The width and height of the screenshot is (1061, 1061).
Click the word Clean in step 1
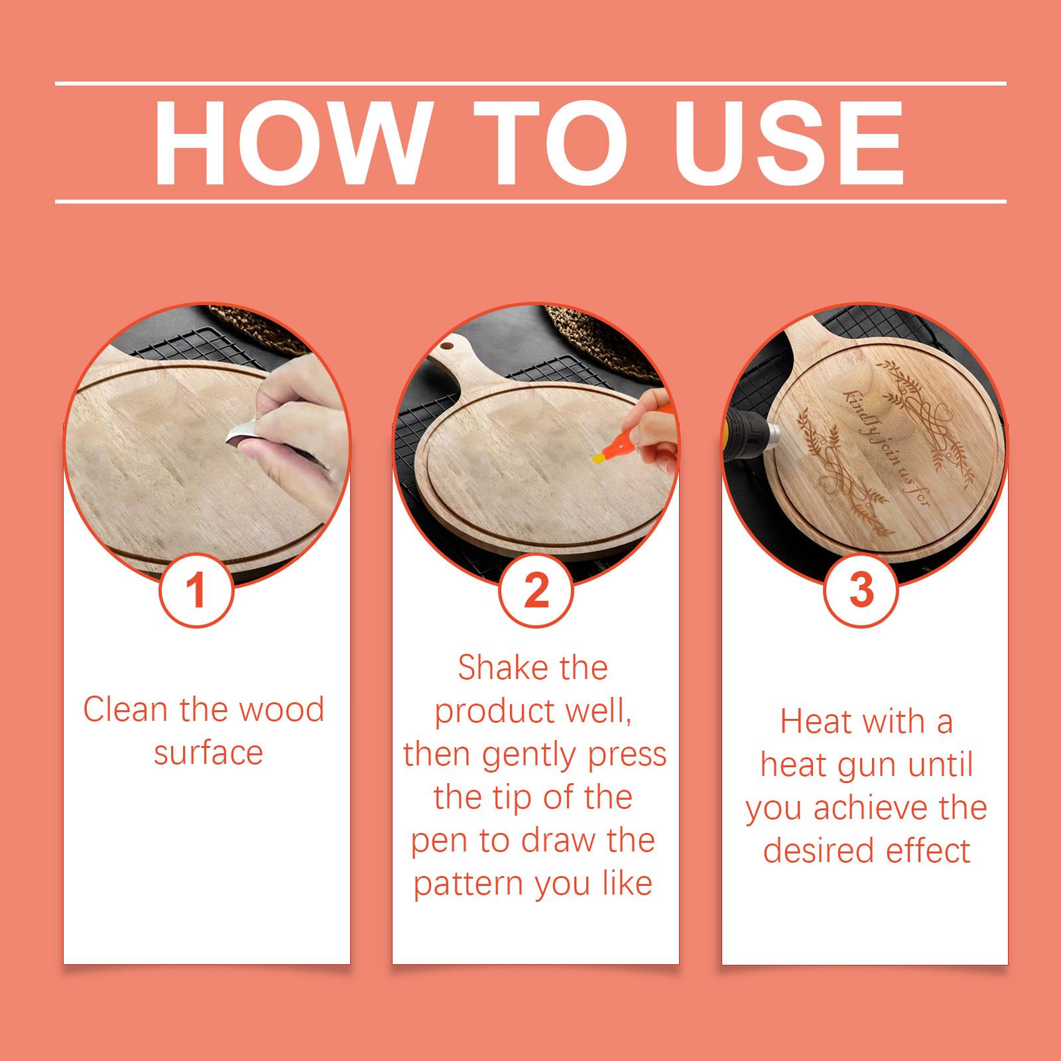pos(125,710)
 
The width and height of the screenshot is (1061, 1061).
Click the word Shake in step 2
pos(498,668)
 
